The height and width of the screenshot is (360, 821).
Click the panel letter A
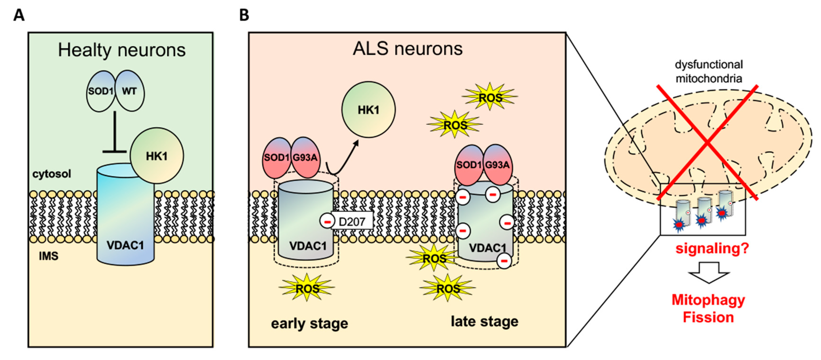19,15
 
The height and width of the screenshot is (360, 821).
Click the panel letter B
244,15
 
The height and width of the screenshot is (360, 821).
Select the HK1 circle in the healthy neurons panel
157,156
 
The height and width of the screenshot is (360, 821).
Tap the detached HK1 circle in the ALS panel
369,110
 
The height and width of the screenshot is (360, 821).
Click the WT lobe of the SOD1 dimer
129,91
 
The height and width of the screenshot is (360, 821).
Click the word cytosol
52,174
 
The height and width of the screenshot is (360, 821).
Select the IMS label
48,256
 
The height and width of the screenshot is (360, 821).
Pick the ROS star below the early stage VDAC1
307,288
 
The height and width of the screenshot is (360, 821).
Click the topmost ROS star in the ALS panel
490,97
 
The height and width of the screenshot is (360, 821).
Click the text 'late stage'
484,321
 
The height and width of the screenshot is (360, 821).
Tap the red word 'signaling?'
712,248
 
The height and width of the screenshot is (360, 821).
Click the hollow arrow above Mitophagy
709,272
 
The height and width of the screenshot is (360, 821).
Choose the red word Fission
708,317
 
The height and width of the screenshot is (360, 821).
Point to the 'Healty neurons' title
122,50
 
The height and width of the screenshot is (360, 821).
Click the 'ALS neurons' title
408,49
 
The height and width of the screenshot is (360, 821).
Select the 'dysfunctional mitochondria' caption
709,71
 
